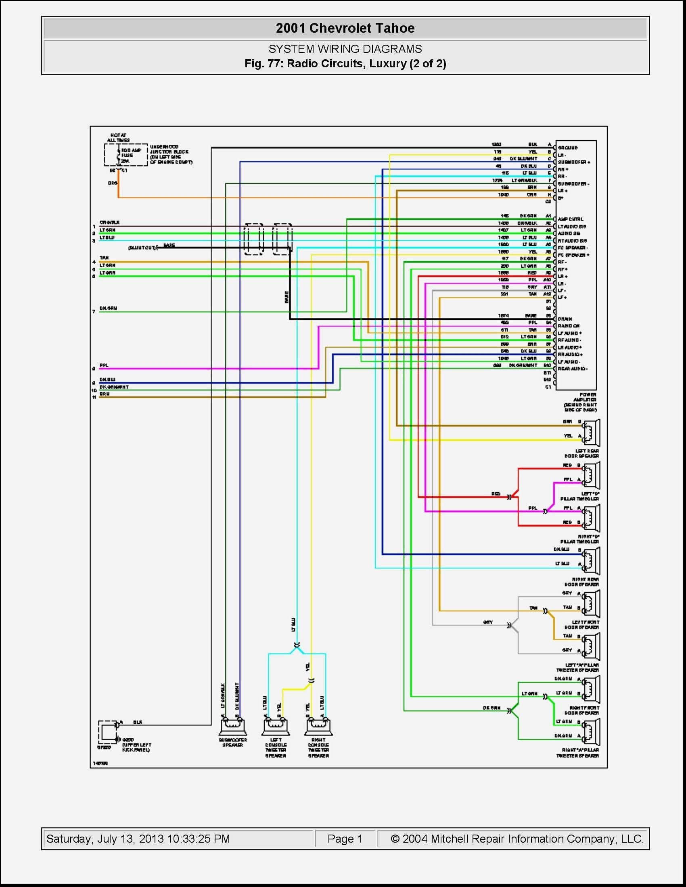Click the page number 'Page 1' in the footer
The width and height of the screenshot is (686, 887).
click(x=345, y=839)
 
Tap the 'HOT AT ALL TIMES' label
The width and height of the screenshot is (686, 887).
click(x=118, y=137)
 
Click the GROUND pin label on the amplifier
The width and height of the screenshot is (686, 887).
click(x=568, y=148)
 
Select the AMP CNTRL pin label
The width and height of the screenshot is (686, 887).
click(x=571, y=219)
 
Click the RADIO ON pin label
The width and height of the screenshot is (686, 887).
click(x=569, y=326)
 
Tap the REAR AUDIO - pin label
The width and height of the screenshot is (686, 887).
click(x=573, y=369)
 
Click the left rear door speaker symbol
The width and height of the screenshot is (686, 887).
click(x=591, y=433)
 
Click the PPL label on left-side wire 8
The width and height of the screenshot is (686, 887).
click(x=104, y=366)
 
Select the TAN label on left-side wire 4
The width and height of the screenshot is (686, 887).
click(x=104, y=258)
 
